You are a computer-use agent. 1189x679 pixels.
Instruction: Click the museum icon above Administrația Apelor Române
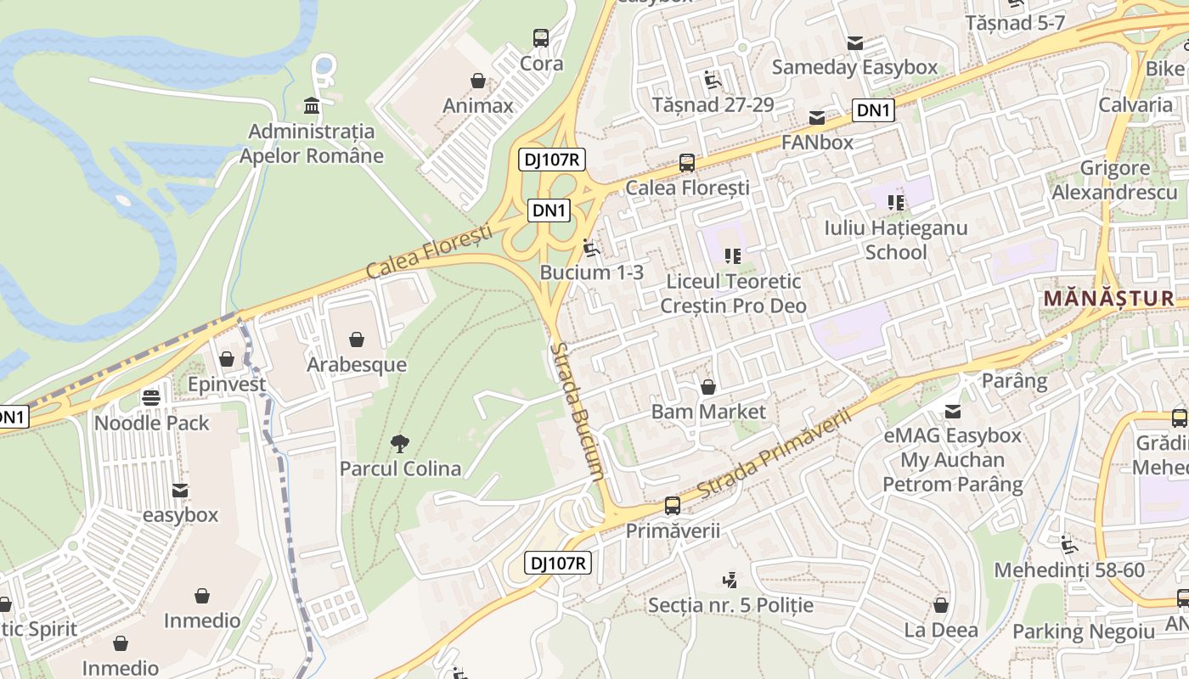[x=312, y=106]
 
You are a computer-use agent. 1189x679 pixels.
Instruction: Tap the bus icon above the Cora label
[x=541, y=37]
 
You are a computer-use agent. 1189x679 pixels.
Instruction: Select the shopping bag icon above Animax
[x=478, y=81]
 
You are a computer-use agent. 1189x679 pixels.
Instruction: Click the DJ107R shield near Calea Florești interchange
[x=552, y=159]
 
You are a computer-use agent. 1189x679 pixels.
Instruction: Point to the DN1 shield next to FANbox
[x=874, y=109]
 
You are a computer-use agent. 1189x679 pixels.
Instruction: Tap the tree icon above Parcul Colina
[x=399, y=443]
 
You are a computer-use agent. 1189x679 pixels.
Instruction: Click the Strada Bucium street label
[x=578, y=411]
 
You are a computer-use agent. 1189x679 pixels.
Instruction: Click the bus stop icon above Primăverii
[x=673, y=506]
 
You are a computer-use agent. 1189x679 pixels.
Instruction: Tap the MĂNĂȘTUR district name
[x=1108, y=299]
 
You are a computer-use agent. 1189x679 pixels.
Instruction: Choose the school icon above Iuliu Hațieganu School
[x=896, y=202]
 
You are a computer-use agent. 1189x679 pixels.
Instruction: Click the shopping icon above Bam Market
[x=708, y=387]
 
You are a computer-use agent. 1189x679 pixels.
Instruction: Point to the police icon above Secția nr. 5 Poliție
[x=730, y=581]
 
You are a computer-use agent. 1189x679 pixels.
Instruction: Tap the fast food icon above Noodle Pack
[x=151, y=397]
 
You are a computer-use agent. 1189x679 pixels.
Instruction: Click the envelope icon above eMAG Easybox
[x=952, y=411]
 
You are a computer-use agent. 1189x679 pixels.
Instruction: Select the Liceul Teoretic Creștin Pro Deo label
[x=733, y=293]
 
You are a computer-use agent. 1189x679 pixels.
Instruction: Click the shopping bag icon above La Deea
[x=940, y=605]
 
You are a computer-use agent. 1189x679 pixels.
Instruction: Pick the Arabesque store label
[x=357, y=365]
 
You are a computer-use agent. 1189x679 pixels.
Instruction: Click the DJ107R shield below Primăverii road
[x=557, y=563]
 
